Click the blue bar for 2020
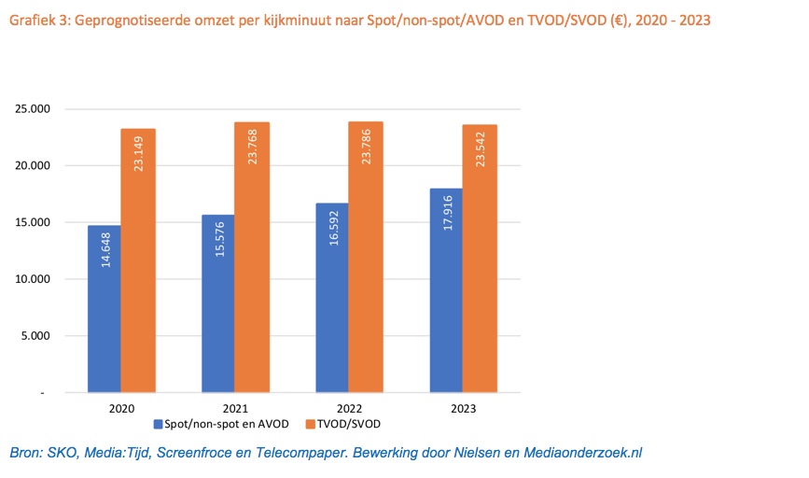pos(104,309)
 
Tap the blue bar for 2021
pos(217,303)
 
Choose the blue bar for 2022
pos(331,298)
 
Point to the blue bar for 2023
pos(446,290)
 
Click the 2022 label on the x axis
pos(349,407)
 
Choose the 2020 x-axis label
pos(121,407)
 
